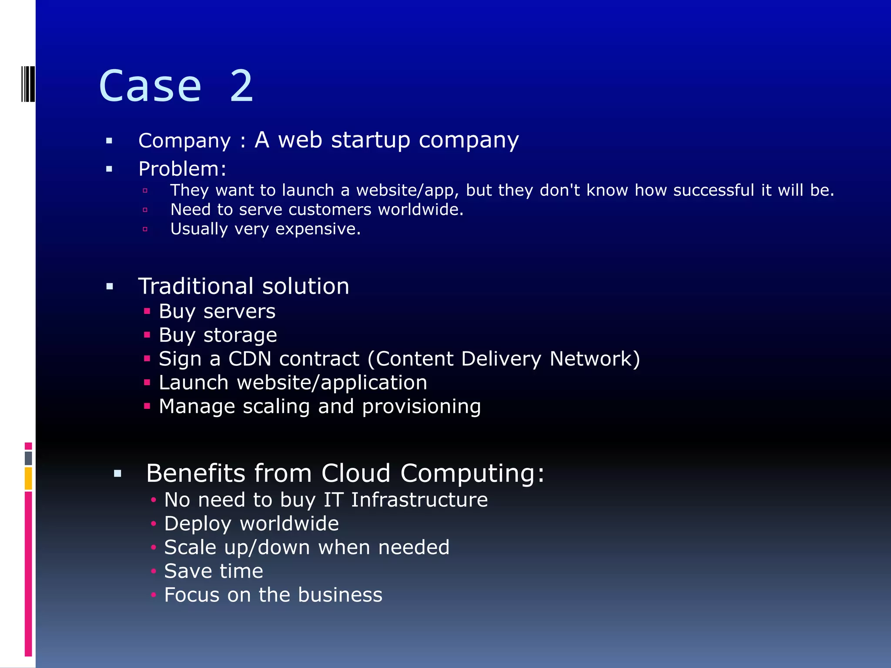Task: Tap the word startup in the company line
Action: point(370,140)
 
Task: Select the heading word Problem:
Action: point(182,169)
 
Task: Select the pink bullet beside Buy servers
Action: point(147,311)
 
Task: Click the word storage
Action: point(240,335)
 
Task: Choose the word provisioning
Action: point(421,407)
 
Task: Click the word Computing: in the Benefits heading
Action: point(472,473)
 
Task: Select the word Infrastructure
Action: point(419,500)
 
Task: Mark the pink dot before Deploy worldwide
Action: point(153,524)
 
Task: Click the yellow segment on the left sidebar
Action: point(28,478)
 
